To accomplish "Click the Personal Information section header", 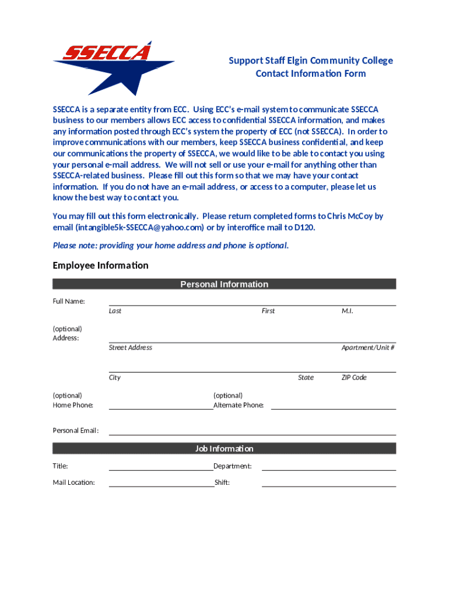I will click(224, 284).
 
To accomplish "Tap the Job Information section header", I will click(224, 449).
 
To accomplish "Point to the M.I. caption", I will click(348, 311).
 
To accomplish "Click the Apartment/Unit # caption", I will click(368, 347).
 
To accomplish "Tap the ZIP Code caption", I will click(354, 378).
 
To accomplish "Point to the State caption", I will click(306, 378).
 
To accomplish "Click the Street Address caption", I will click(131, 347).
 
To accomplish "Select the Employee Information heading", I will click(100, 265).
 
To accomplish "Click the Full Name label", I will click(69, 301).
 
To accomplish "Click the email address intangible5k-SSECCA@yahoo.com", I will click(140, 227).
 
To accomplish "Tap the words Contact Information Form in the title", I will click(311, 73).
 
